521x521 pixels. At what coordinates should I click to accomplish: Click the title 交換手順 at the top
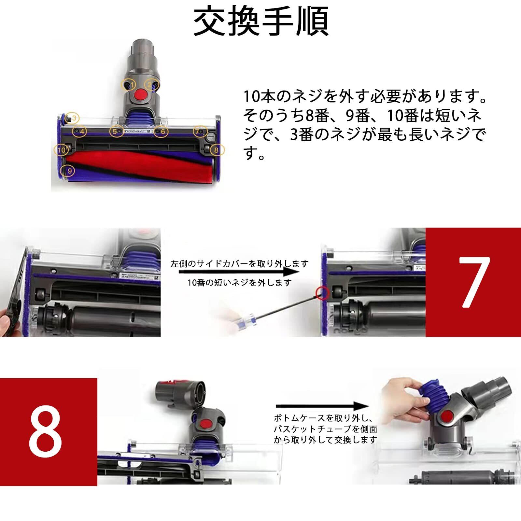tap(261, 21)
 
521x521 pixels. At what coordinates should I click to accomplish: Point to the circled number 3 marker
tap(72, 118)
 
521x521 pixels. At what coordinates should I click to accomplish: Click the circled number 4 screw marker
tap(80, 131)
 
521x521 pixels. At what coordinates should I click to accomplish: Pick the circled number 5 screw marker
tap(116, 131)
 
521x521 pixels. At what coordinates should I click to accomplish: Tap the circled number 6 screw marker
tap(161, 131)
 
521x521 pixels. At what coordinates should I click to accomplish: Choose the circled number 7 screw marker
tap(200, 131)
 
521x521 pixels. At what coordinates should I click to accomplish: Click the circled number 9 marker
tap(69, 170)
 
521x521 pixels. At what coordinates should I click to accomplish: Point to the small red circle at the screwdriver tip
tap(322, 293)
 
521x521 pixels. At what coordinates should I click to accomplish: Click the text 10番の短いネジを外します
tap(239, 283)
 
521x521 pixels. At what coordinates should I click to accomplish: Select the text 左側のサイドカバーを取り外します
tap(239, 263)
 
